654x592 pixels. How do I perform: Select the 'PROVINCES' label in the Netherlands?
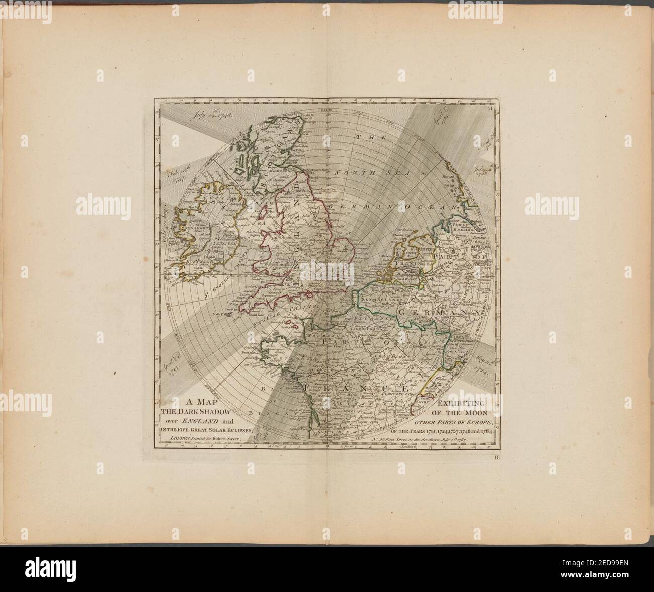pyautogui.click(x=414, y=263)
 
